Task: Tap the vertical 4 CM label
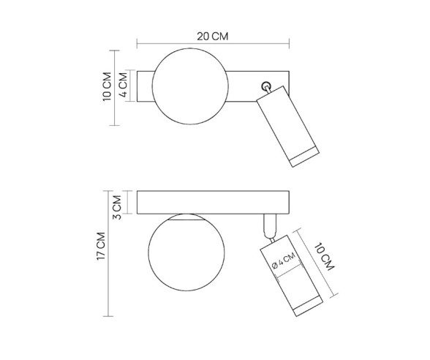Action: [x=124, y=86]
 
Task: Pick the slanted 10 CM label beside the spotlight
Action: [x=326, y=258]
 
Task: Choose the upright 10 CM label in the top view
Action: [x=107, y=86]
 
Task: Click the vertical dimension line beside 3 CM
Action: [x=129, y=203]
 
